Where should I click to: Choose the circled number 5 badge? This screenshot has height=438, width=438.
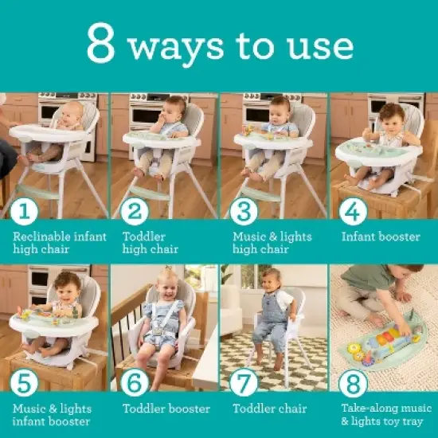tap(28, 383)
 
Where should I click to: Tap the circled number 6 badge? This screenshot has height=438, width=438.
tap(137, 383)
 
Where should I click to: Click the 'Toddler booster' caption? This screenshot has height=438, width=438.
tap(166, 409)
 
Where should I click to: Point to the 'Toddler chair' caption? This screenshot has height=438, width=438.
tap(269, 409)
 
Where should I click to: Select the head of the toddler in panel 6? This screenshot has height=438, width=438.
tap(169, 281)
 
